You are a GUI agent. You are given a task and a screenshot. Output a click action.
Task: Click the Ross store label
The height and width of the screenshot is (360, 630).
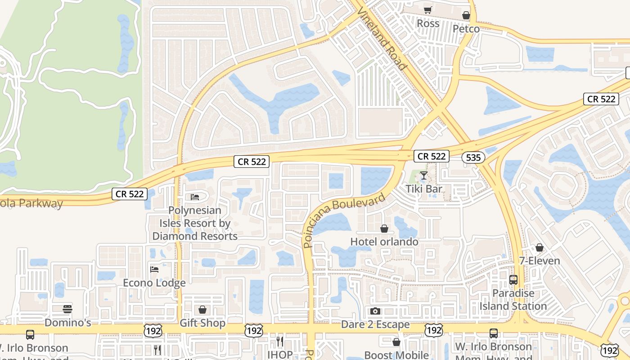coord(428,23)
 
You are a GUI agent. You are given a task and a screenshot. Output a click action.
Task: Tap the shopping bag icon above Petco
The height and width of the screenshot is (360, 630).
coord(466,16)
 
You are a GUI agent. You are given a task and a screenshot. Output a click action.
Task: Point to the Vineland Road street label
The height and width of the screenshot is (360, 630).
coord(382,38)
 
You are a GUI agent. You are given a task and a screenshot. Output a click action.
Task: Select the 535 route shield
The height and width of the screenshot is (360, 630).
coord(473,157)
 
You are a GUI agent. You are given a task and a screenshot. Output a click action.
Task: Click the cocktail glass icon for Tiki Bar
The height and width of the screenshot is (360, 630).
coord(424,175)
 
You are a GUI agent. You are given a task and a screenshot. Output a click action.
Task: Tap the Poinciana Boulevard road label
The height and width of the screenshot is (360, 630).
coord(344,220)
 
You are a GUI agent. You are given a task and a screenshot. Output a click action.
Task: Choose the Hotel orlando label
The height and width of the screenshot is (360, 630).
coord(384,242)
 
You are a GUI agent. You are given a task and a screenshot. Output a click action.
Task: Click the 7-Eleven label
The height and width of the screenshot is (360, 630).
coord(540,261)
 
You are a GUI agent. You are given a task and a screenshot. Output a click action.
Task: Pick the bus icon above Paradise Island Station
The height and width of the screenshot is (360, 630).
coord(513,280)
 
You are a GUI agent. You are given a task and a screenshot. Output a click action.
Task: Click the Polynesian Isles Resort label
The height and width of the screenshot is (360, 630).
coord(195,223)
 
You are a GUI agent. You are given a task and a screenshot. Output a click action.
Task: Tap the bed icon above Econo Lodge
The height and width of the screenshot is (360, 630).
coord(154,270)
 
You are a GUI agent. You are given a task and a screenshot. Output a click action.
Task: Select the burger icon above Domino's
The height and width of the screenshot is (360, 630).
coord(67,309)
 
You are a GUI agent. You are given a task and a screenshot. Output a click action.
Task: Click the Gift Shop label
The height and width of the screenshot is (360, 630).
coord(202,323)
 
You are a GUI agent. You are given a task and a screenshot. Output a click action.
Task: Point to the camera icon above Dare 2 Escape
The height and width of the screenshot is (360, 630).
coord(375,311)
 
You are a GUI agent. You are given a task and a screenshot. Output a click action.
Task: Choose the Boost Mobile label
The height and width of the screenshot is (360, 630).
coord(396,355)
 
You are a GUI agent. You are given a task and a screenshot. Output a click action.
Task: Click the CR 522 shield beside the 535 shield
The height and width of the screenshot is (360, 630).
coord(432,156)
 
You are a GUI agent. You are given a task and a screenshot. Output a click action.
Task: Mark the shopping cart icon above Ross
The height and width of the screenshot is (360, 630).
coord(428,10)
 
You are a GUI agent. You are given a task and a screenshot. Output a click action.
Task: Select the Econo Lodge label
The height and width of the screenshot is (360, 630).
coord(154,283)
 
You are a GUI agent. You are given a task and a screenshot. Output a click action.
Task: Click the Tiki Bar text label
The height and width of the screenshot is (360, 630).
coord(424,189)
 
